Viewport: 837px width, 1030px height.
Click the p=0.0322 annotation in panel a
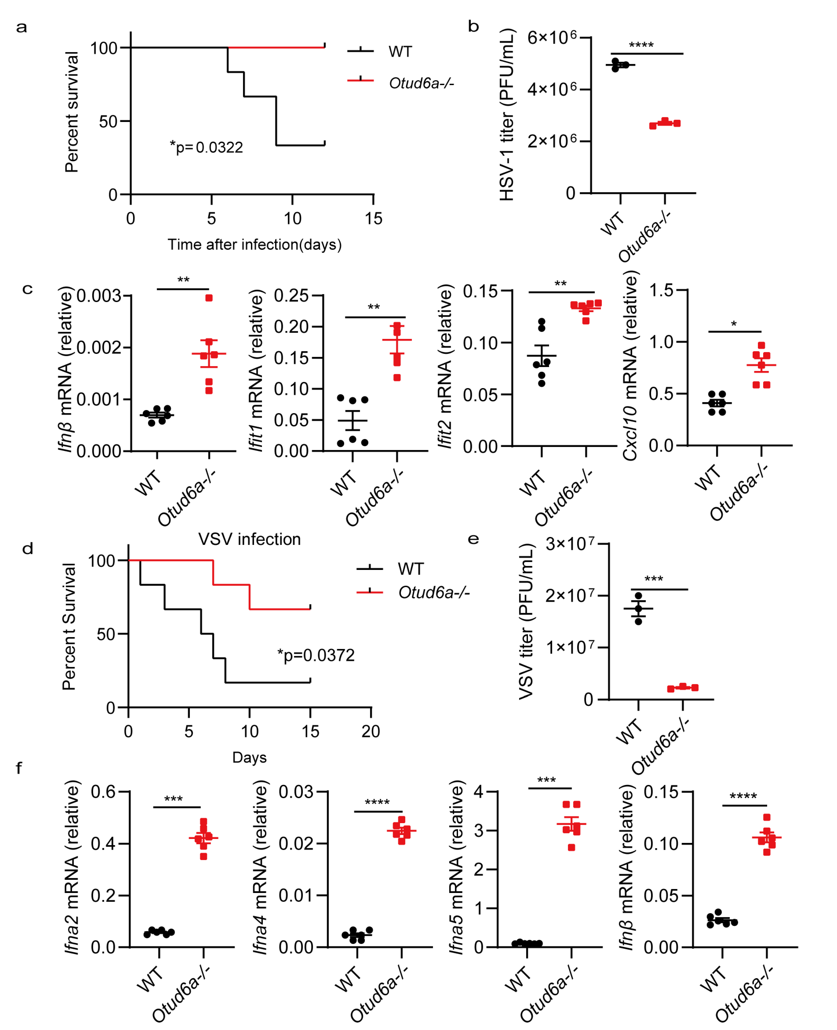pyautogui.click(x=206, y=147)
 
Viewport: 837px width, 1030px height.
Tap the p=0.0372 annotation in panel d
pyautogui.click(x=316, y=655)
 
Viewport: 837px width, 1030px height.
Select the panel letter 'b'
pyautogui.click(x=473, y=27)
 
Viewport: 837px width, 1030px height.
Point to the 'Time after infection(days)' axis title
pyautogui.click(x=254, y=245)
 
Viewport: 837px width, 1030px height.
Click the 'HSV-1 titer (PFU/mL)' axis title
pyautogui.click(x=507, y=115)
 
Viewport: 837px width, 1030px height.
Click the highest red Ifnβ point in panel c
pyautogui.click(x=209, y=298)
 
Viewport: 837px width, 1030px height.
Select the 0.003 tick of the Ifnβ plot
pyautogui.click(x=99, y=296)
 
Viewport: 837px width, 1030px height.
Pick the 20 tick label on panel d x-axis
pyautogui.click(x=371, y=732)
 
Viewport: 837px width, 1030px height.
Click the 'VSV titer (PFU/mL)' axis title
pyautogui.click(x=527, y=622)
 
